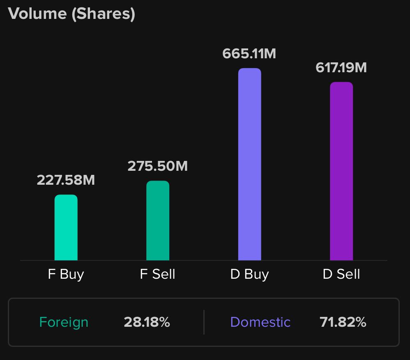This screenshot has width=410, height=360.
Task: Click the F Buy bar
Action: (66, 227)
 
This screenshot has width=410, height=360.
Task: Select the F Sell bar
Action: (158, 220)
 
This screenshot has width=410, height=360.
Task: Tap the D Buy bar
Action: (250, 164)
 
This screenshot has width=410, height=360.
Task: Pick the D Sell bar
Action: (341, 171)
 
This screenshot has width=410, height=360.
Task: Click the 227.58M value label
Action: (66, 180)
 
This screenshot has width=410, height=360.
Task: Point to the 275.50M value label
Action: (158, 166)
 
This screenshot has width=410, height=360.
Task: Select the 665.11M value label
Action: (249, 53)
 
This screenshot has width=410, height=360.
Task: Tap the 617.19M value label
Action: (341, 67)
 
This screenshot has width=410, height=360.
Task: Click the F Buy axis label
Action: (66, 274)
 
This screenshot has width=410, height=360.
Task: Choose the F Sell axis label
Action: (158, 274)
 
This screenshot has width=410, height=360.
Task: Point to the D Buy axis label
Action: (249, 274)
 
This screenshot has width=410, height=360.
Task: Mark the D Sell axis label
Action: (341, 274)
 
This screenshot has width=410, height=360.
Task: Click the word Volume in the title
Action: (37, 14)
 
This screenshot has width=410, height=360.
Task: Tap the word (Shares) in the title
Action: (103, 14)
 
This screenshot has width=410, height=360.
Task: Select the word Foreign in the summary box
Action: (64, 322)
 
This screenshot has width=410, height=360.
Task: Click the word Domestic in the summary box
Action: (260, 322)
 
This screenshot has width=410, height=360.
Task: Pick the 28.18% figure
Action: (147, 322)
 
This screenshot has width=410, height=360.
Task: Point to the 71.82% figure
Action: (343, 322)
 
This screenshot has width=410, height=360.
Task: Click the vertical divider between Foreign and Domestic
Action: (204, 322)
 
